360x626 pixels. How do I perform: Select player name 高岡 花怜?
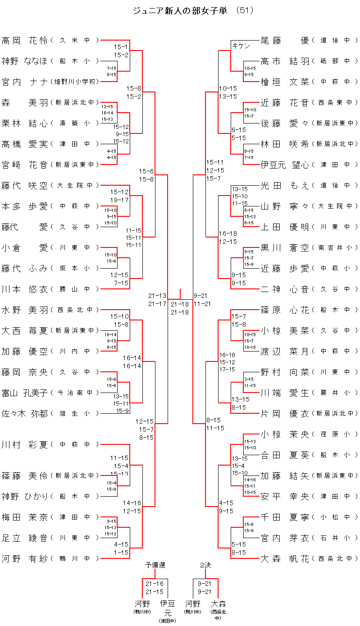tap(25, 40)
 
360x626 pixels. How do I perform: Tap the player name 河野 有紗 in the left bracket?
tap(25, 558)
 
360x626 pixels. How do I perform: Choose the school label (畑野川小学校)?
tap(74, 82)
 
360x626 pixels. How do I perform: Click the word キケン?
tap(241, 46)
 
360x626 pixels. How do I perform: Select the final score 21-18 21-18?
tap(180, 308)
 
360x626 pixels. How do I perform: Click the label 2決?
tap(205, 565)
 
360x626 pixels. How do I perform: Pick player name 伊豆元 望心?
tap(285, 164)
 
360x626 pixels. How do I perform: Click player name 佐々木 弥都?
tap(25, 413)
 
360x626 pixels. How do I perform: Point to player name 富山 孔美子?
tap(25, 393)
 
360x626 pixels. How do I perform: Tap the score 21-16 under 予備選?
tap(155, 584)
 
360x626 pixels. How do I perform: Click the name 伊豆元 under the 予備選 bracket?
tap(168, 607)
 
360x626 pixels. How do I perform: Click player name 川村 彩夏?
tap(25, 444)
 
